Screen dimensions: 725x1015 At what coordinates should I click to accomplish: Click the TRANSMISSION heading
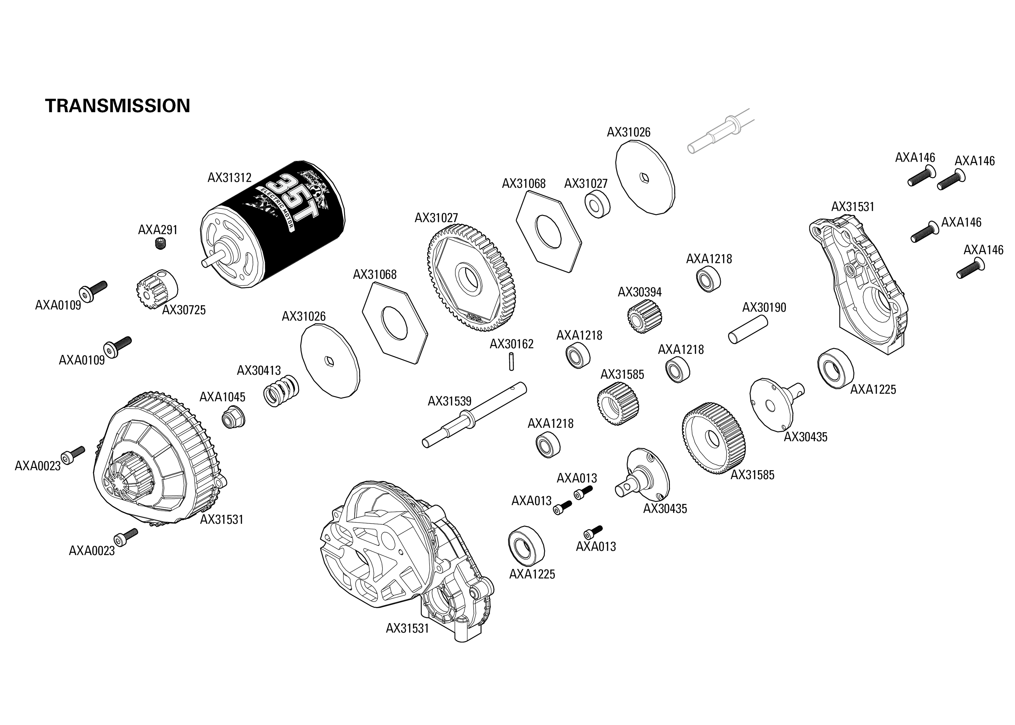pos(117,106)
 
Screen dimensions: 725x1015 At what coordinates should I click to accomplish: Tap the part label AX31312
pos(229,178)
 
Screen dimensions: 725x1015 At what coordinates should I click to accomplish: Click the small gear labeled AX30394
pos(644,316)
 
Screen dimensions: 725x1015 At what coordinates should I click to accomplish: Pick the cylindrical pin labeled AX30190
pos(748,329)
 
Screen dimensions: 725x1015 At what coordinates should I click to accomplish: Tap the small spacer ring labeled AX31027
pos(597,204)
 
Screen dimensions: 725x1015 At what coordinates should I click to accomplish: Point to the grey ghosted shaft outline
pos(714,134)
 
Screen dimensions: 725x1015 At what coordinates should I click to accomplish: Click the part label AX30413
pos(258,371)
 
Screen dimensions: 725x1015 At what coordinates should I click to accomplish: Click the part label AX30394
pos(639,292)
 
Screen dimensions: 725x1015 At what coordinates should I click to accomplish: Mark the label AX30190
pos(764,308)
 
